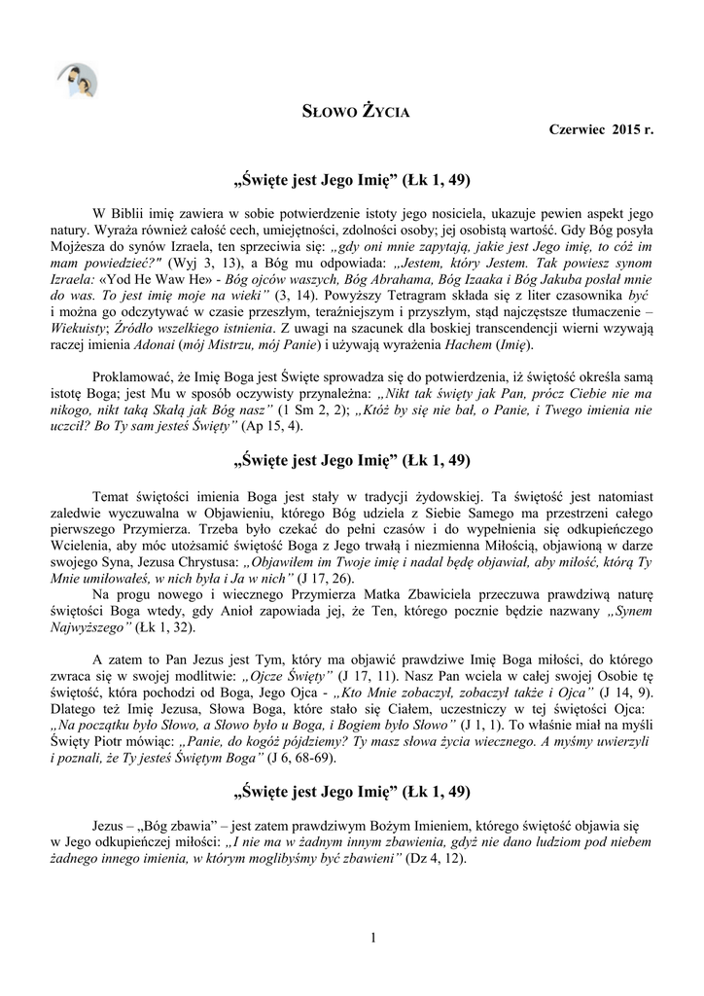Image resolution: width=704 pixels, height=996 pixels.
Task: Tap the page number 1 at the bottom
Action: point(372,936)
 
